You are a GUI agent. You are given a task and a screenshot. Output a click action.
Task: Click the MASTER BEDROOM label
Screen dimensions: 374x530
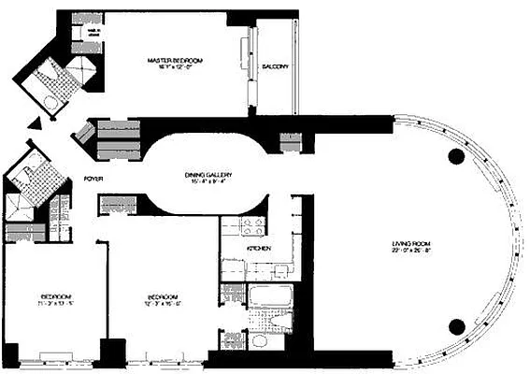(x=175, y=61)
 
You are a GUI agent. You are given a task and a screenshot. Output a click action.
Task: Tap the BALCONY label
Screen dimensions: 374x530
(x=274, y=66)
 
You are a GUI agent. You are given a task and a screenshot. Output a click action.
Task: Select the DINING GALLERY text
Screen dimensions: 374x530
(x=208, y=176)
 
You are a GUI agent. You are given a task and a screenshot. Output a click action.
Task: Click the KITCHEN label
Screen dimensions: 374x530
(x=235, y=250)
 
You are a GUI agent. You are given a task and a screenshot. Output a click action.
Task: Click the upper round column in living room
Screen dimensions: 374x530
(x=457, y=155)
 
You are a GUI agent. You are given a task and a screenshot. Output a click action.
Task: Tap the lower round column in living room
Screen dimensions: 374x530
(x=457, y=324)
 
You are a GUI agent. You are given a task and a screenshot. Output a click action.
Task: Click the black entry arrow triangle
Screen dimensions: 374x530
(x=35, y=123)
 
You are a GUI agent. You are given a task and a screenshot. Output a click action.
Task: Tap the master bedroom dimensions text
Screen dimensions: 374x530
(x=175, y=68)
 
